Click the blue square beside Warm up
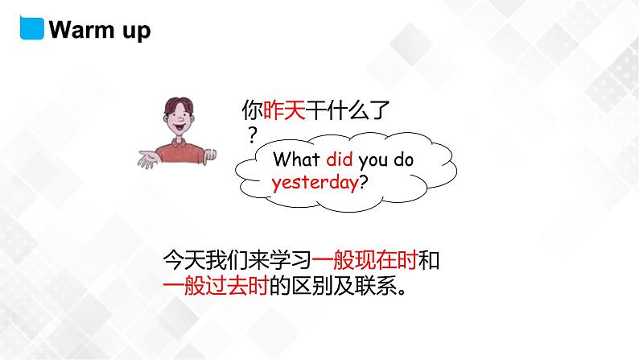(31, 28)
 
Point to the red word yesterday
(315, 182)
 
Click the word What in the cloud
(297, 159)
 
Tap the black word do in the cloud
(404, 159)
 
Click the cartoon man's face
(181, 121)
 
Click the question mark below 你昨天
(252, 132)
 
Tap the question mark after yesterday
(363, 182)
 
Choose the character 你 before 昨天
(253, 110)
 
